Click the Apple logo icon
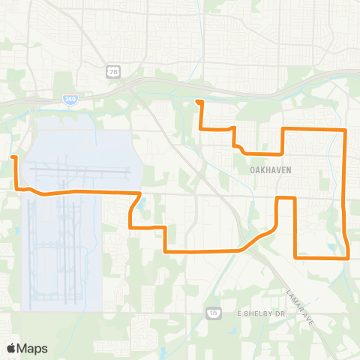point(11,348)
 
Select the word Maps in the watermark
point(32,348)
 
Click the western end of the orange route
point(13,157)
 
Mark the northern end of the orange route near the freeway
point(197,101)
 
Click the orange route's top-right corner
point(344,130)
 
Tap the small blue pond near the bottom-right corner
point(331,247)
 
